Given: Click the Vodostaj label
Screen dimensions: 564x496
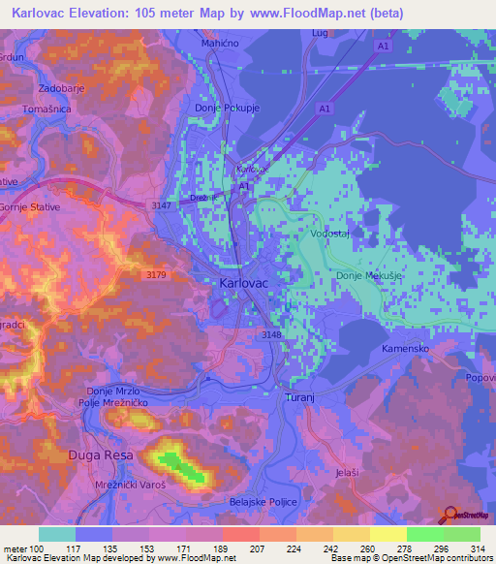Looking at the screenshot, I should pyautogui.click(x=329, y=234).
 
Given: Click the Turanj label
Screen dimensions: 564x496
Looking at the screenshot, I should pyautogui.click(x=301, y=399).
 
